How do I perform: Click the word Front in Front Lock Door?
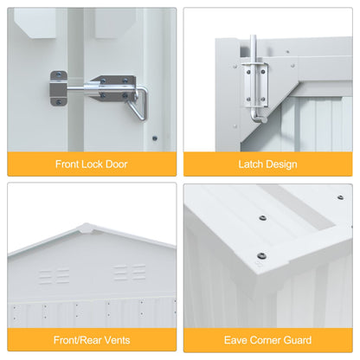point(67,164)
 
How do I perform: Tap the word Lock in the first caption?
point(93,164)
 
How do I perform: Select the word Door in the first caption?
point(117,164)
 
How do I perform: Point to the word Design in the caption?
point(281,164)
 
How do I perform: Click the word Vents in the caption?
point(117,340)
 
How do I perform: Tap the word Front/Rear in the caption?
point(78,340)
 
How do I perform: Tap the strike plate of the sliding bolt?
point(58,88)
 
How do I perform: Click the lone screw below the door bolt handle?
point(155,138)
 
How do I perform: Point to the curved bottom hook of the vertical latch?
point(257,119)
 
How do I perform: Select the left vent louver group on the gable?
point(55,276)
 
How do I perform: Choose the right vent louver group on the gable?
point(130,273)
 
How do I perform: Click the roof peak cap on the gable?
point(87,228)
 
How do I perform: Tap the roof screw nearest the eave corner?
point(261,255)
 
